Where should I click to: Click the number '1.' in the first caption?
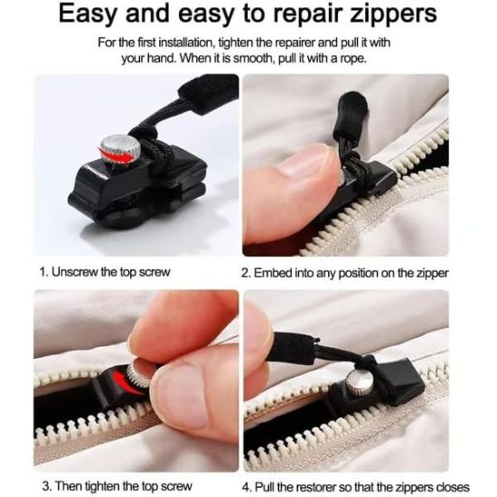pyautogui.click(x=42, y=271)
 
